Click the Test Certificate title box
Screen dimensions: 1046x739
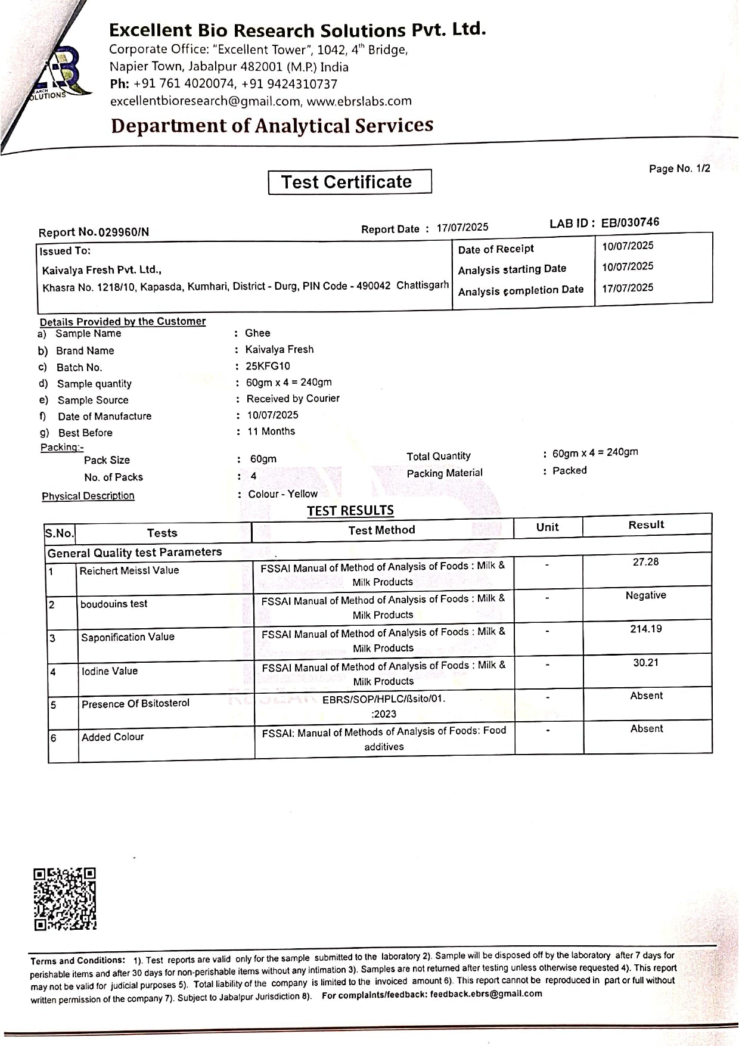tap(350, 182)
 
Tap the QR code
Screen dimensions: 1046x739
tap(64, 899)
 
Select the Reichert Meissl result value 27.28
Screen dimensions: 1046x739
tap(645, 562)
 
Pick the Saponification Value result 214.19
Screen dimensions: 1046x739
tap(645, 629)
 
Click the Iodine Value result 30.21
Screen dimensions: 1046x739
tap(645, 662)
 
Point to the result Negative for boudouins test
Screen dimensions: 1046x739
tap(645, 595)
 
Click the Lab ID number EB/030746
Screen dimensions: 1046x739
tap(630, 222)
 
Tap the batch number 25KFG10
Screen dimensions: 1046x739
tap(268, 366)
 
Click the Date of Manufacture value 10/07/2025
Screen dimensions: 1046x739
tap(272, 415)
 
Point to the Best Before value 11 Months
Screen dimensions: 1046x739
tap(271, 431)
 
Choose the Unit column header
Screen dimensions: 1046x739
tap(547, 527)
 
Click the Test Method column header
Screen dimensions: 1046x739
tap(381, 530)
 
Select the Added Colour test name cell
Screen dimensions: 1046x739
tap(113, 737)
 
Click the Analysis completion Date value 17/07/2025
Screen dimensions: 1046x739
tap(628, 288)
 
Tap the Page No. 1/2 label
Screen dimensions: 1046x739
tap(679, 169)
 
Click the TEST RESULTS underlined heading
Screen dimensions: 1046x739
tap(350, 511)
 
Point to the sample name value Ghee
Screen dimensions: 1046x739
tap(257, 333)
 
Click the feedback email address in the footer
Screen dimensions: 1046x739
tap(486, 994)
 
